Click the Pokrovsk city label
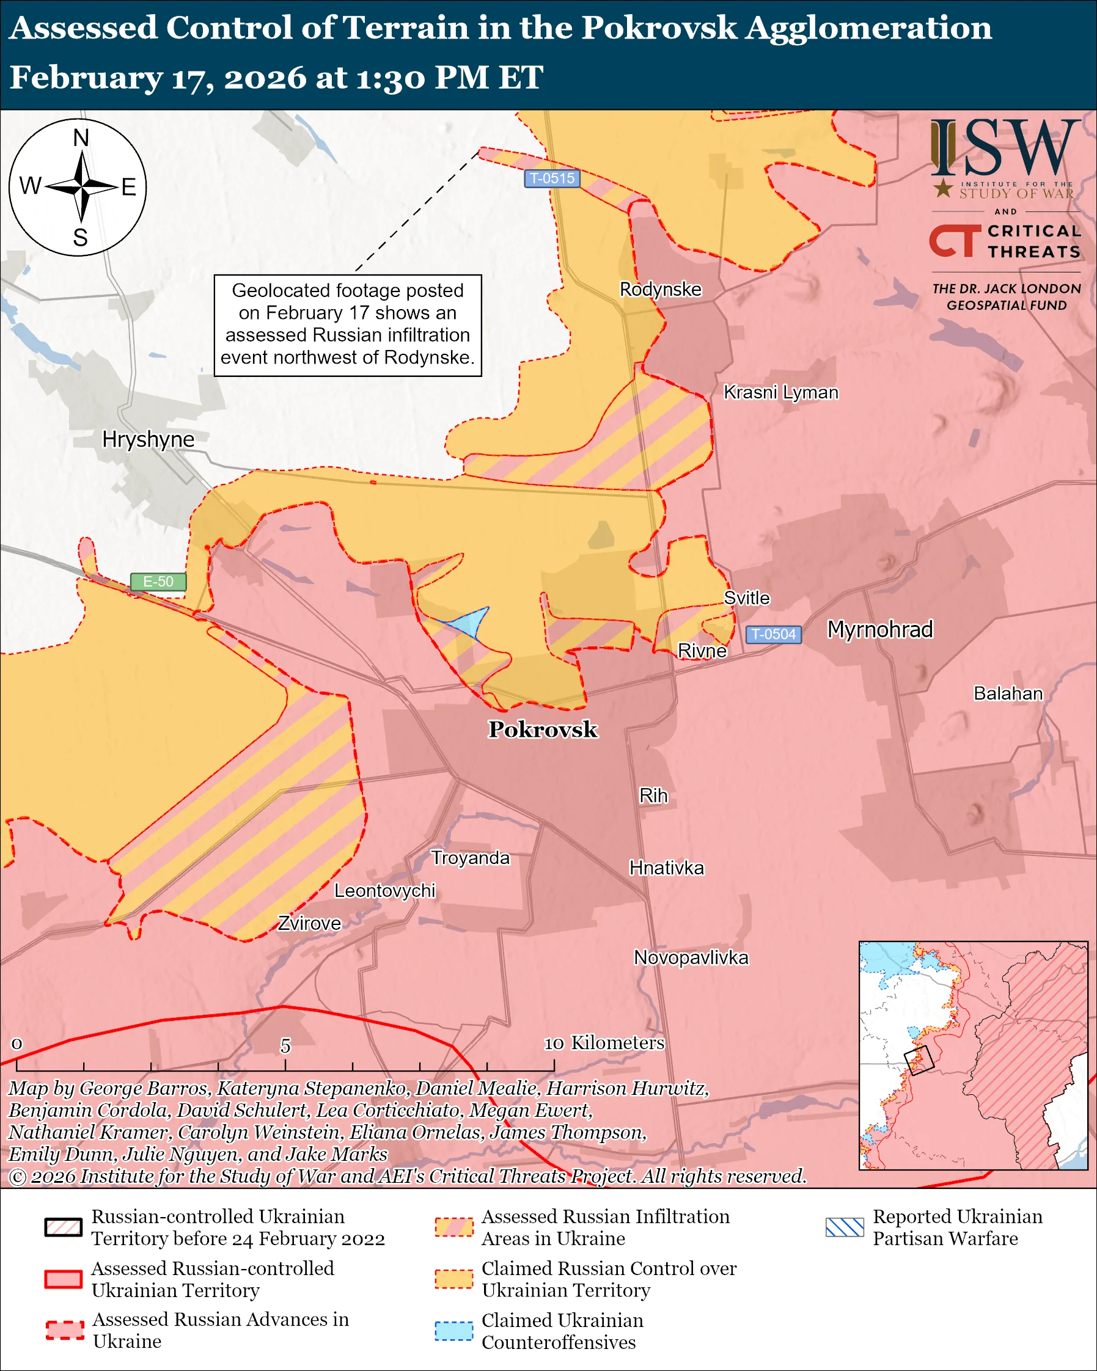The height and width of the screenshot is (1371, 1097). [x=543, y=729]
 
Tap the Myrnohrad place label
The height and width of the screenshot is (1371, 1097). [x=879, y=629]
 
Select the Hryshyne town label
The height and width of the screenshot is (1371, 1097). [x=148, y=439]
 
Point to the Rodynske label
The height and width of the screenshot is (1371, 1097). [x=660, y=290]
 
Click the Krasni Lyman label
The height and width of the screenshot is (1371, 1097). [x=780, y=392]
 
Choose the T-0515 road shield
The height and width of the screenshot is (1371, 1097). [x=551, y=178]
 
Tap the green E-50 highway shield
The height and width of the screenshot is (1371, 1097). [x=158, y=581]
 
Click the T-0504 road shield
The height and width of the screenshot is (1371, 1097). [x=772, y=634]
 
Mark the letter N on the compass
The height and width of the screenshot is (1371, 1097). [x=81, y=138]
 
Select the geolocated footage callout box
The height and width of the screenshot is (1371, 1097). [x=347, y=325]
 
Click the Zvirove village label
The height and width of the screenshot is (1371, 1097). [x=309, y=923]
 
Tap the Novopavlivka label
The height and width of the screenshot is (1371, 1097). [x=691, y=957]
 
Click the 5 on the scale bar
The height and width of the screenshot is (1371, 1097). [x=285, y=1046]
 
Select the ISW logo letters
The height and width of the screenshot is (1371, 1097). [x=1005, y=148]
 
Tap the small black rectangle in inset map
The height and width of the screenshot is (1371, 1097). [x=919, y=1060]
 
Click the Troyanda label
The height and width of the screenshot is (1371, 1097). [x=470, y=858]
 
